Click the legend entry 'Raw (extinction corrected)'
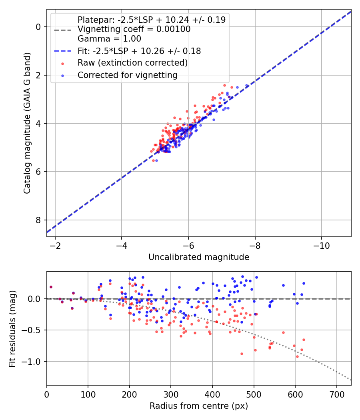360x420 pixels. pyautogui.click(x=132, y=63)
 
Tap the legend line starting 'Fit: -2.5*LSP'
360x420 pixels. pyautogui.click(x=139, y=51)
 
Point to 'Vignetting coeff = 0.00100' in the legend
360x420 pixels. pyautogui.click(x=134, y=29)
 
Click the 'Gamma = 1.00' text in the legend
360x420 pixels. pyautogui.click(x=109, y=39)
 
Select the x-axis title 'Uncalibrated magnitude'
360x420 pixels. pyautogui.click(x=199, y=257)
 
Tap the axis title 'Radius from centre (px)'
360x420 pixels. pyautogui.click(x=199, y=406)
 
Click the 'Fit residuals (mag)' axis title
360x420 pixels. pyautogui.click(x=12, y=328)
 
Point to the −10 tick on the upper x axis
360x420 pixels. pyautogui.click(x=321, y=245)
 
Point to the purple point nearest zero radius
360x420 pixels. pyautogui.click(x=51, y=287)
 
